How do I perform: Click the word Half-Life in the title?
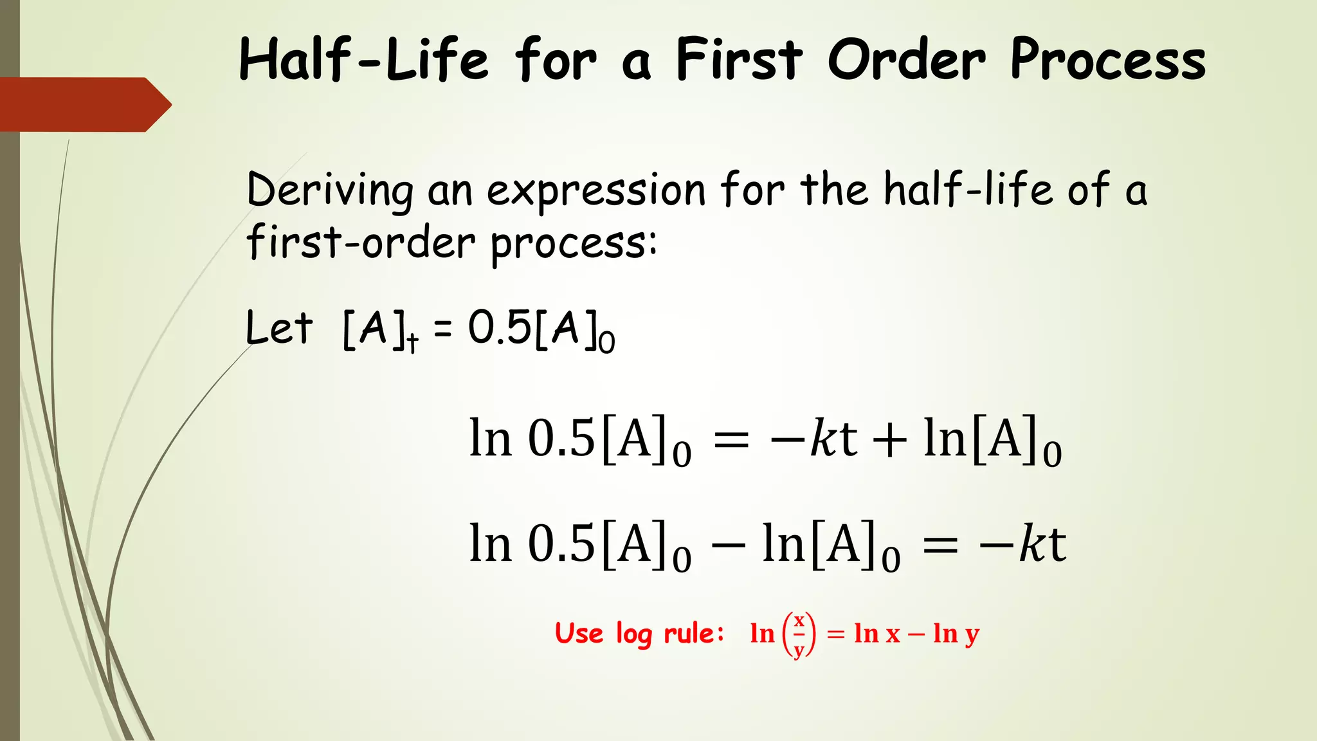pyautogui.click(x=364, y=59)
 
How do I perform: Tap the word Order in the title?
pyautogui.click(x=906, y=59)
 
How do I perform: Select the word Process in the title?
pyautogui.click(x=1107, y=59)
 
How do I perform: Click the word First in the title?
pyautogui.click(x=739, y=59)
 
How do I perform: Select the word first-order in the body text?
pyautogui.click(x=361, y=243)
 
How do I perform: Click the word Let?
pyautogui.click(x=279, y=327)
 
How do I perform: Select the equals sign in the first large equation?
pyautogui.click(x=732, y=441)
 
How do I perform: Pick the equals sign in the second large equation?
pyautogui.click(x=940, y=547)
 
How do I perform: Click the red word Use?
pyautogui.click(x=579, y=634)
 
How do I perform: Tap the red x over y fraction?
pyautogui.click(x=799, y=636)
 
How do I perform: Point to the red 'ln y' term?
pyautogui.click(x=956, y=635)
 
